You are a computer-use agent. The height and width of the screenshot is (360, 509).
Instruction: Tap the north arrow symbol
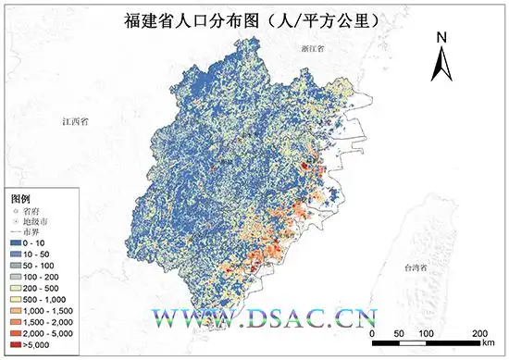click(442, 62)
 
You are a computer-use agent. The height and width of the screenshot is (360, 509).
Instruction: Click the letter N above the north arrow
click(442, 37)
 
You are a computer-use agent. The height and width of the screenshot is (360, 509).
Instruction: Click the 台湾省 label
click(420, 267)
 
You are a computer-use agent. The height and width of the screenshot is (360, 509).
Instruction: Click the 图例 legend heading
click(20, 198)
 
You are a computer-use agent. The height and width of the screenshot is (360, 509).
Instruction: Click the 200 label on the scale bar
click(479, 331)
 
